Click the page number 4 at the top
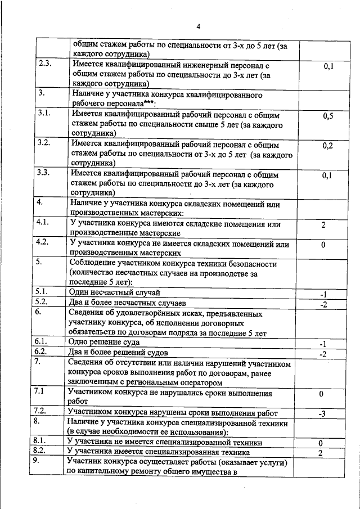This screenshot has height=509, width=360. [198, 26]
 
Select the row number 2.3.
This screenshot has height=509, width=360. [45, 64]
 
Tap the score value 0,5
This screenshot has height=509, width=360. [328, 116]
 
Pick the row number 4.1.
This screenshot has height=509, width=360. [43, 223]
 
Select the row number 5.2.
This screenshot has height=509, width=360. [43, 302]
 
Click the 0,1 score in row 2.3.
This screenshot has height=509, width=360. [328, 66]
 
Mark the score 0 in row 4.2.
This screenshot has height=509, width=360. [323, 245]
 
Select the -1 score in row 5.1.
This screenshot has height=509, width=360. [323, 294]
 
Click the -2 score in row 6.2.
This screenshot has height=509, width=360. [323, 354]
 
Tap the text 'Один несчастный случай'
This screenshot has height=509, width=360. [114, 292]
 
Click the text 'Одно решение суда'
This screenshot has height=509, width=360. [103, 342]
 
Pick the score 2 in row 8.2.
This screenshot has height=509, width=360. [320, 453]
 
